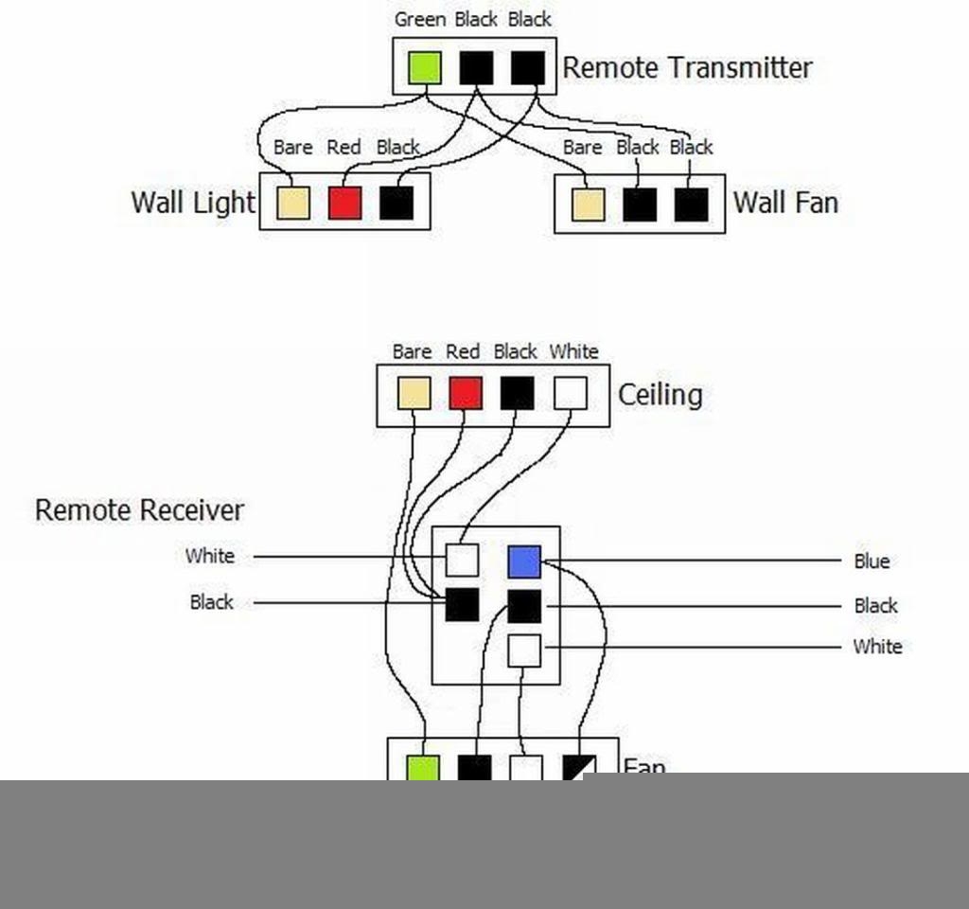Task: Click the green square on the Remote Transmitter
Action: [425, 67]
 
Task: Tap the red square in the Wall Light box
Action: [344, 203]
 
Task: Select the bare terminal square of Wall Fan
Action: [588, 205]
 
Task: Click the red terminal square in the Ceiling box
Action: [465, 393]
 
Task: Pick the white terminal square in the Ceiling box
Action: [570, 393]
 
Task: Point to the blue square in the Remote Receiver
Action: [524, 561]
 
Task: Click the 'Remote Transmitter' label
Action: [687, 67]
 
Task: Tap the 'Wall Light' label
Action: [193, 202]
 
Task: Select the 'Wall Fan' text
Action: [785, 203]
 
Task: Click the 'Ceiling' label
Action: [660, 394]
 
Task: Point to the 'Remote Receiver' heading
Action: [139, 510]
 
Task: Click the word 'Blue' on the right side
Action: [872, 561]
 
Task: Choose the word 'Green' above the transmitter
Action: [420, 19]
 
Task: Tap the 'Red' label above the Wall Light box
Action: [344, 148]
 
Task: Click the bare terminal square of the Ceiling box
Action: [414, 393]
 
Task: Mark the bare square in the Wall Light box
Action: [293, 203]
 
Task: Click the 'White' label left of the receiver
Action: [209, 556]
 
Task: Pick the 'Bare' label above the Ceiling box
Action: [412, 352]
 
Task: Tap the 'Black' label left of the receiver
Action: [211, 602]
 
